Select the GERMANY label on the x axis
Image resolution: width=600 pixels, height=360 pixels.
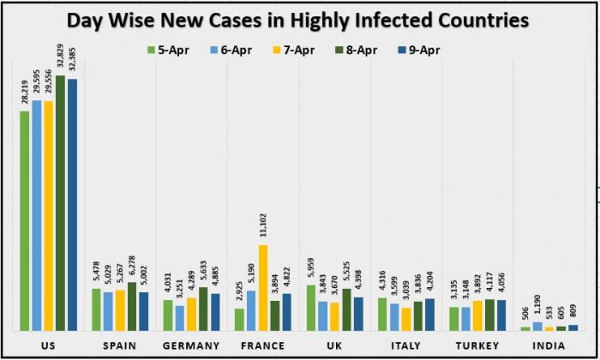point(191,345)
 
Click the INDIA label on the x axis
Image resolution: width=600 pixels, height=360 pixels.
point(549,345)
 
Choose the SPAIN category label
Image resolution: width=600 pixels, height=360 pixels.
point(120,345)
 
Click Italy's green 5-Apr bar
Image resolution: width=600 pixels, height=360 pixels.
point(382,314)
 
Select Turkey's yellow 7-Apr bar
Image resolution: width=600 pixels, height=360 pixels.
point(477,315)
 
